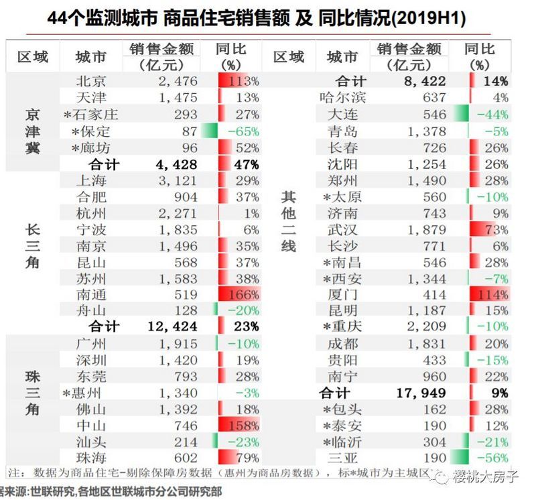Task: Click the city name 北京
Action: [93, 81]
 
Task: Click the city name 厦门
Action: [343, 294]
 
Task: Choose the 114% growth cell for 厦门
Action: [489, 294]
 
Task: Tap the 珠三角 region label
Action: [32, 393]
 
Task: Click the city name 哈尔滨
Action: [343, 97]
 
